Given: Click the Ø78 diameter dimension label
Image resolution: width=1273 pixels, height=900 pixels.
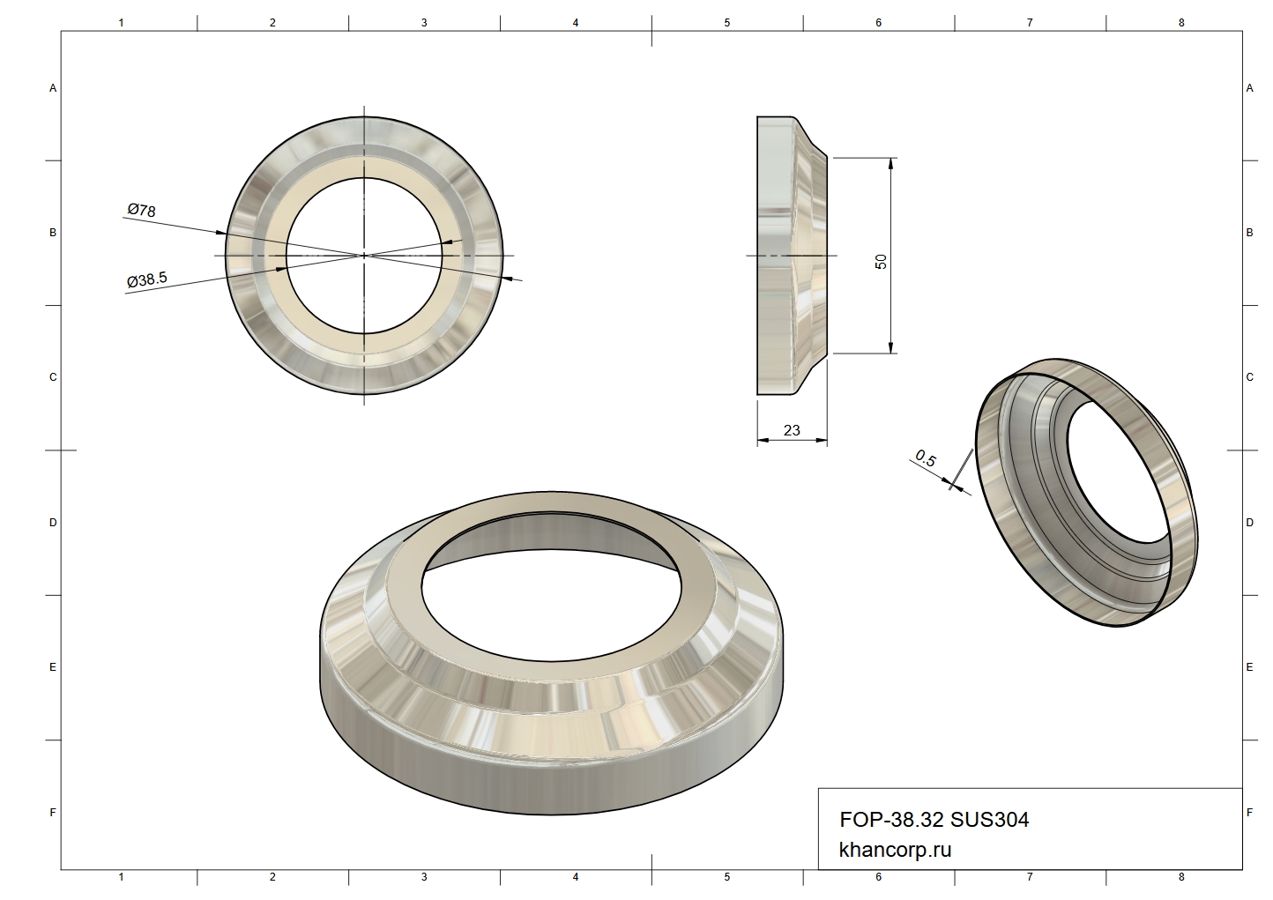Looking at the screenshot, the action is (x=142, y=210).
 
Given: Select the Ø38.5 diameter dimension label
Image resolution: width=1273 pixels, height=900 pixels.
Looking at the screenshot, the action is (x=147, y=279).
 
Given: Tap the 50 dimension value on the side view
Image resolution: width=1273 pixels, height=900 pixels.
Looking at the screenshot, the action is (x=881, y=262).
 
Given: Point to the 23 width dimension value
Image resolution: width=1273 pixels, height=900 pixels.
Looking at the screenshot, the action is (x=792, y=430).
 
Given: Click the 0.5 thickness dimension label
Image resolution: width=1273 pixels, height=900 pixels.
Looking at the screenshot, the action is (x=926, y=458).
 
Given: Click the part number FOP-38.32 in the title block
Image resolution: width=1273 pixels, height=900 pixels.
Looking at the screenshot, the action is (x=891, y=819).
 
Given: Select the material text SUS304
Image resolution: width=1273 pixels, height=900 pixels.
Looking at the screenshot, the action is (x=989, y=819).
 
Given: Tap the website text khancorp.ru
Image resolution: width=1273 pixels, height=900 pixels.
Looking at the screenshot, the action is (x=895, y=850).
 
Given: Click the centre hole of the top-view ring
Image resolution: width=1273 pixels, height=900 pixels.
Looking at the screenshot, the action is (x=364, y=256).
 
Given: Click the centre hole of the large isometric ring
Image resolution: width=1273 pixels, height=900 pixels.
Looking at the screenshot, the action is (x=550, y=605).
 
